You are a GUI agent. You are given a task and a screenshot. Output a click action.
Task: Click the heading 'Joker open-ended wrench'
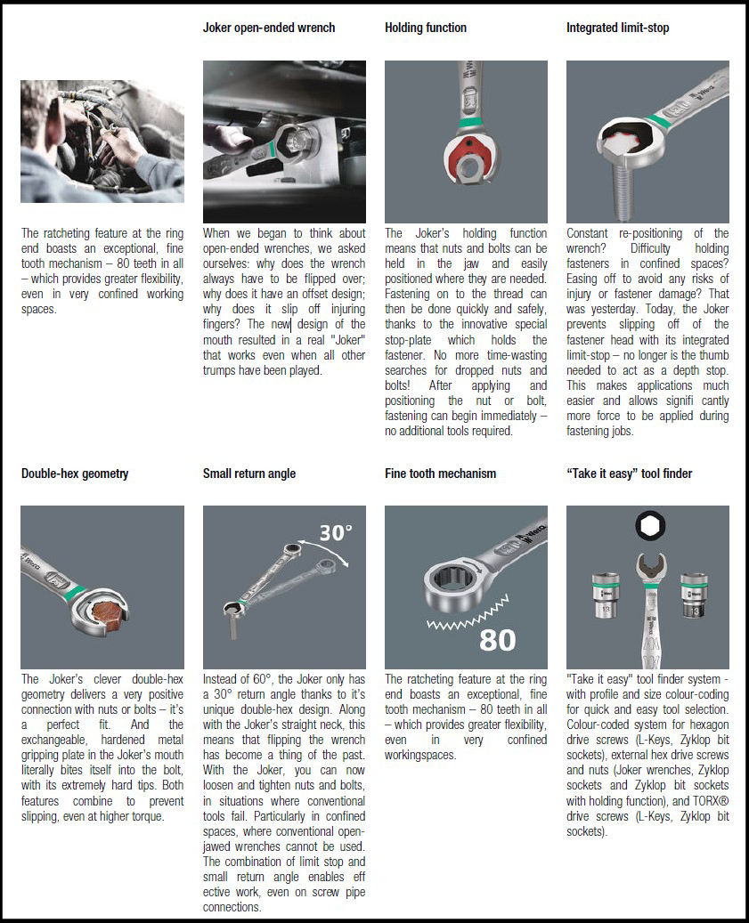[x=268, y=28]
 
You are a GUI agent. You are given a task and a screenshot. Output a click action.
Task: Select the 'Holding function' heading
[x=425, y=28]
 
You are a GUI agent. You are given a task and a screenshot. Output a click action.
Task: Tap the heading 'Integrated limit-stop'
[x=618, y=28]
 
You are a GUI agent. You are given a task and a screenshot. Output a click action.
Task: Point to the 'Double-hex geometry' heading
[x=75, y=474]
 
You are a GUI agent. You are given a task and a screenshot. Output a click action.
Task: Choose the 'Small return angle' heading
[x=249, y=474]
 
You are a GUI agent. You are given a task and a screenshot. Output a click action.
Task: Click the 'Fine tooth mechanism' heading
[x=441, y=474]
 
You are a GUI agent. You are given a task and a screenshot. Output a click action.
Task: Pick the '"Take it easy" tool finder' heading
[x=629, y=474]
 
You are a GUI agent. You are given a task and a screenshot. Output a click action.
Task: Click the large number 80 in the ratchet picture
[x=498, y=640]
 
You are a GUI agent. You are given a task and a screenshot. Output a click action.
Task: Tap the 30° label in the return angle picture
[x=336, y=533]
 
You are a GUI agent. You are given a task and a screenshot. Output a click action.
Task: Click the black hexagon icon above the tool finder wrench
[x=650, y=525]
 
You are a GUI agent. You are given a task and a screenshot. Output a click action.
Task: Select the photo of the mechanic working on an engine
[x=102, y=142]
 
